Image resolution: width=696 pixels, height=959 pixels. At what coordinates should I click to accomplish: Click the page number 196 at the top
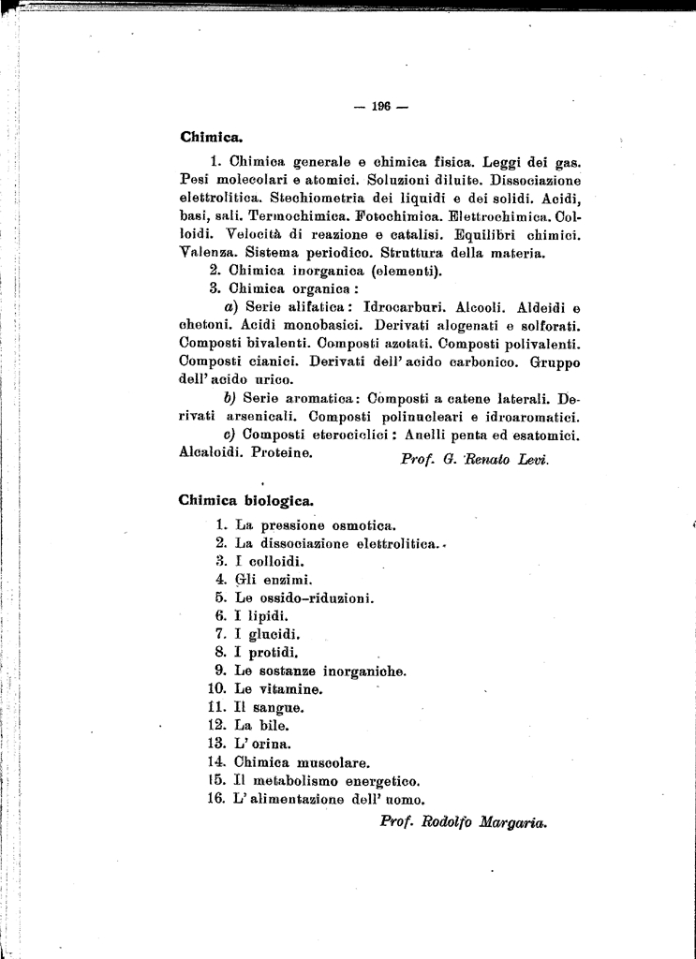[379, 106]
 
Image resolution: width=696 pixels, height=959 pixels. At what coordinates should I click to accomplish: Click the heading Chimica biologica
[245, 500]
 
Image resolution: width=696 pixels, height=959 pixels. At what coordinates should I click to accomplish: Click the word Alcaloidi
[211, 451]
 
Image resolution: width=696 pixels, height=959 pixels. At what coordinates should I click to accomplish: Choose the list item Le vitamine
[278, 689]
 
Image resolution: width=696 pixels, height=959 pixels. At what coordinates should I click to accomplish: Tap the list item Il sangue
[269, 707]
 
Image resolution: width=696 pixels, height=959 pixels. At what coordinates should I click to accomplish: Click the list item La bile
[261, 725]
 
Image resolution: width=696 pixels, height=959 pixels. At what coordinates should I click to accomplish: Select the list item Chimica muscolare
[302, 761]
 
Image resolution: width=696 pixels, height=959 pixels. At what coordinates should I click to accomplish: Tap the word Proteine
[281, 451]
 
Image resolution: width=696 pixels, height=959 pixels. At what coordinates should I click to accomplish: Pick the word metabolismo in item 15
[303, 780]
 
